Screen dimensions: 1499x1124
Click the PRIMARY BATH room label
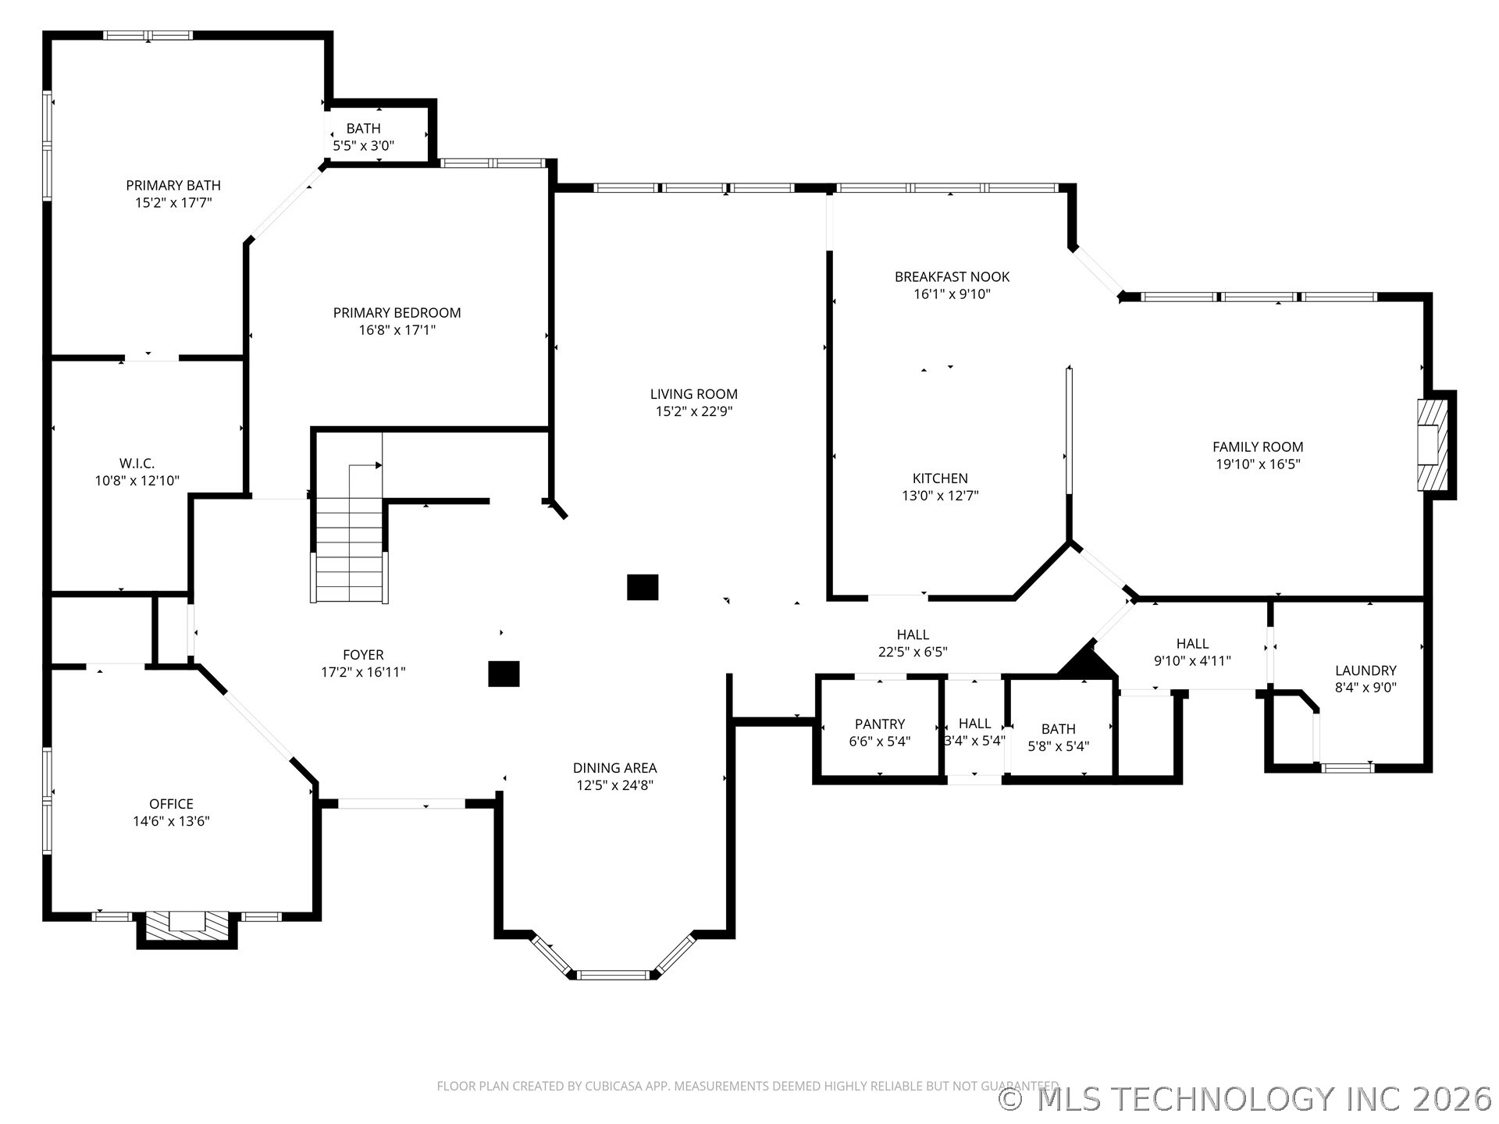coord(173,185)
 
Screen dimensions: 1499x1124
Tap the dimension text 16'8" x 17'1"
coord(397,330)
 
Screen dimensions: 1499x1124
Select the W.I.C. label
coord(137,464)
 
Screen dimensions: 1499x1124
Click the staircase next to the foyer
coord(350,518)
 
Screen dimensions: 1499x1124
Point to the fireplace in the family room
coord(1433,445)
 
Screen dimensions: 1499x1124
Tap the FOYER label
coord(363,655)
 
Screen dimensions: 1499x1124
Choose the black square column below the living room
coord(643,587)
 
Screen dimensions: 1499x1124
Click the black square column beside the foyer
coord(504,674)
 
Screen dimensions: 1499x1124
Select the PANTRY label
coord(880,724)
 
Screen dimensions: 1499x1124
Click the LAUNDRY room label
coord(1365,670)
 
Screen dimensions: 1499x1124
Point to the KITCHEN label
coord(940,478)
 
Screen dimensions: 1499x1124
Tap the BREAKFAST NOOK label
coord(952,276)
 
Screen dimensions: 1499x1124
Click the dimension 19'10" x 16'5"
coord(1258,464)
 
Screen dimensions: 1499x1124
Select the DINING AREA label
coord(614,768)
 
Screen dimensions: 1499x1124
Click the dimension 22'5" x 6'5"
coord(913,652)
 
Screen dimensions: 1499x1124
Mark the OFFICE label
coord(171,804)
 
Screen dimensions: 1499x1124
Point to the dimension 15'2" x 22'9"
coord(694,411)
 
